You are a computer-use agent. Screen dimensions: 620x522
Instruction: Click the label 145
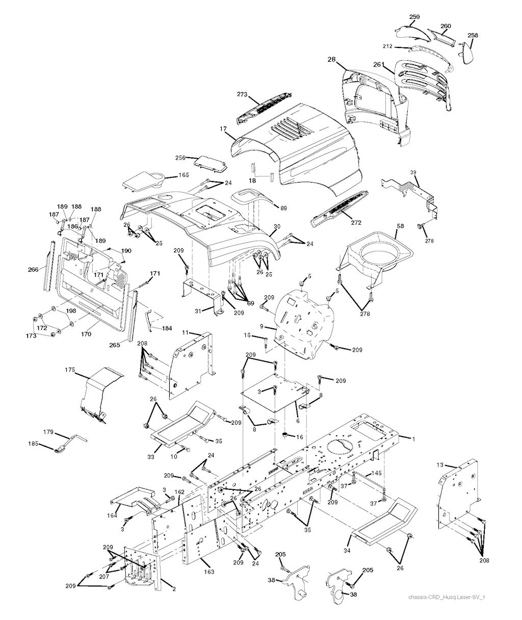click(376, 474)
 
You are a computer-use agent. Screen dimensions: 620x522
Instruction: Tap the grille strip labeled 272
click(339, 209)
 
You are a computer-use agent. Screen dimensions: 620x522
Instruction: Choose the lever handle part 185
click(60, 449)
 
